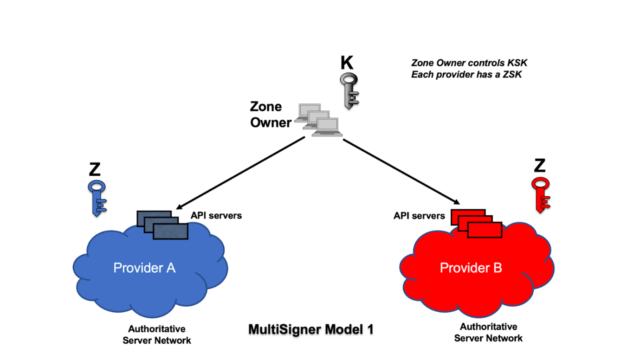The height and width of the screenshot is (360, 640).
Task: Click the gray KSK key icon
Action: click(x=349, y=90)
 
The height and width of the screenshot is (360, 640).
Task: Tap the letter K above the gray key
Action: click(x=347, y=63)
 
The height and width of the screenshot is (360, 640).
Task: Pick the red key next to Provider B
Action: click(x=540, y=194)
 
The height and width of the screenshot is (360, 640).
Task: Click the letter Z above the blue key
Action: click(x=95, y=169)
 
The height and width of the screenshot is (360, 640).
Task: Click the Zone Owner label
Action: click(x=270, y=115)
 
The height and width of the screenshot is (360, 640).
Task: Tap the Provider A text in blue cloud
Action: click(x=144, y=268)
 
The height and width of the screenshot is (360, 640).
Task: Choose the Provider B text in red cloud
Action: click(x=471, y=268)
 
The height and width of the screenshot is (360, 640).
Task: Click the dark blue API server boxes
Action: click(x=162, y=225)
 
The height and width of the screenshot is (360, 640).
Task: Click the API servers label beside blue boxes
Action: click(x=216, y=215)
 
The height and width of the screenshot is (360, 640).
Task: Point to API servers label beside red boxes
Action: click(x=419, y=216)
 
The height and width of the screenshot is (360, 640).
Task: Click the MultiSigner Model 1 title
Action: click(x=311, y=329)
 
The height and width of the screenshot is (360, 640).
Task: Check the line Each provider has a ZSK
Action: click(x=466, y=74)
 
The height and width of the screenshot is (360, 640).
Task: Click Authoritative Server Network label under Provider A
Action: click(x=156, y=334)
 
